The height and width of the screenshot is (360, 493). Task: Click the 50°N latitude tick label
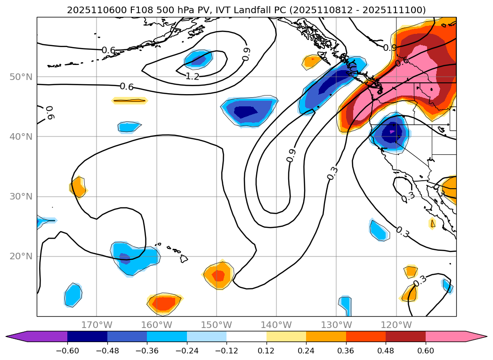coord(21,77)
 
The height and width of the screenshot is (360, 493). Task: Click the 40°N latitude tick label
coord(21,137)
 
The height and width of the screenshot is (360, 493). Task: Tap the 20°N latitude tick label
coord(21,256)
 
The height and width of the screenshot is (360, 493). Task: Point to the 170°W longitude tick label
coord(97,325)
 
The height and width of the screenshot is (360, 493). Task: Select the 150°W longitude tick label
coord(217,325)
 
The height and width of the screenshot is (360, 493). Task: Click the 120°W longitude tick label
coord(396,325)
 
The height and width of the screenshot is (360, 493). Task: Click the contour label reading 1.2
coord(193,76)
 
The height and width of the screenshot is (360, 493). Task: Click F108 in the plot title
coord(125,10)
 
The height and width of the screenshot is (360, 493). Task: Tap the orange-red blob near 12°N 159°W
coord(164,304)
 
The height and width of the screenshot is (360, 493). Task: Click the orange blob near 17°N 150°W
coord(218,275)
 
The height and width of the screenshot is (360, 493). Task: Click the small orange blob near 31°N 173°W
coord(78,188)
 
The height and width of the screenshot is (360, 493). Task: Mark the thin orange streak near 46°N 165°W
coord(129,100)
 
